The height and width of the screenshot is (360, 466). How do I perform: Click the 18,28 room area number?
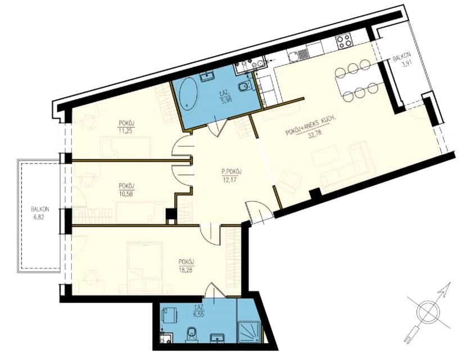186,270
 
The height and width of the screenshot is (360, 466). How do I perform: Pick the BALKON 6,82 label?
40,213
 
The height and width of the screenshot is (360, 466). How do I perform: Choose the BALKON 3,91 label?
403,60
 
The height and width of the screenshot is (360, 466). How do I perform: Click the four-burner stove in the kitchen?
345,40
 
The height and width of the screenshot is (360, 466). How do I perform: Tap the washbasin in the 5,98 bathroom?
207,76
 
